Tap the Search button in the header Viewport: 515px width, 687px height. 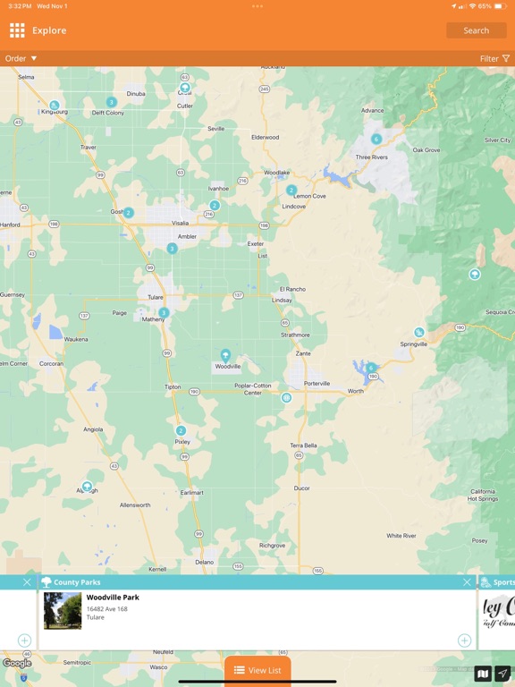pyautogui.click(x=476, y=30)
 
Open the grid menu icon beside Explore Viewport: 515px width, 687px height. pyautogui.click(x=17, y=30)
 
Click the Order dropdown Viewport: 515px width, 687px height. pyautogui.click(x=21, y=58)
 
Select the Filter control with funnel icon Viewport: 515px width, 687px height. pyautogui.click(x=494, y=58)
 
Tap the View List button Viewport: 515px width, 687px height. pyautogui.click(x=257, y=670)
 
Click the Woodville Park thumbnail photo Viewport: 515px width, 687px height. pyautogui.click(x=63, y=610)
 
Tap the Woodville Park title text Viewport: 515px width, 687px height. pyautogui.click(x=113, y=598)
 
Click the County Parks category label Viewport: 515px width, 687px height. pyautogui.click(x=77, y=582)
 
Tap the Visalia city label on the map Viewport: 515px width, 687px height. pyautogui.click(x=181, y=223)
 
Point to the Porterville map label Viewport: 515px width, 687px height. pyautogui.click(x=317, y=384)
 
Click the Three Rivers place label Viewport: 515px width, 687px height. pyautogui.click(x=371, y=157)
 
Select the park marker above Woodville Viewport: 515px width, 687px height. pyautogui.click(x=225, y=355)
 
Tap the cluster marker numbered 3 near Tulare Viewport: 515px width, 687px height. pyautogui.click(x=164, y=312)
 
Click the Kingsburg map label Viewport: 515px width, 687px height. pyautogui.click(x=54, y=113)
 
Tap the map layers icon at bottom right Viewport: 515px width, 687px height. pyautogui.click(x=483, y=674)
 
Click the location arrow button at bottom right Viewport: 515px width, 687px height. pyautogui.click(x=503, y=674)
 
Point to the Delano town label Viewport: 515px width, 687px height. pyautogui.click(x=205, y=562)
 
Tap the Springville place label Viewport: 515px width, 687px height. pyautogui.click(x=413, y=343)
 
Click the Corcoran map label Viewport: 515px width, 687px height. pyautogui.click(x=51, y=364)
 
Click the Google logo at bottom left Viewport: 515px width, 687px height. pyautogui.click(x=16, y=663)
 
